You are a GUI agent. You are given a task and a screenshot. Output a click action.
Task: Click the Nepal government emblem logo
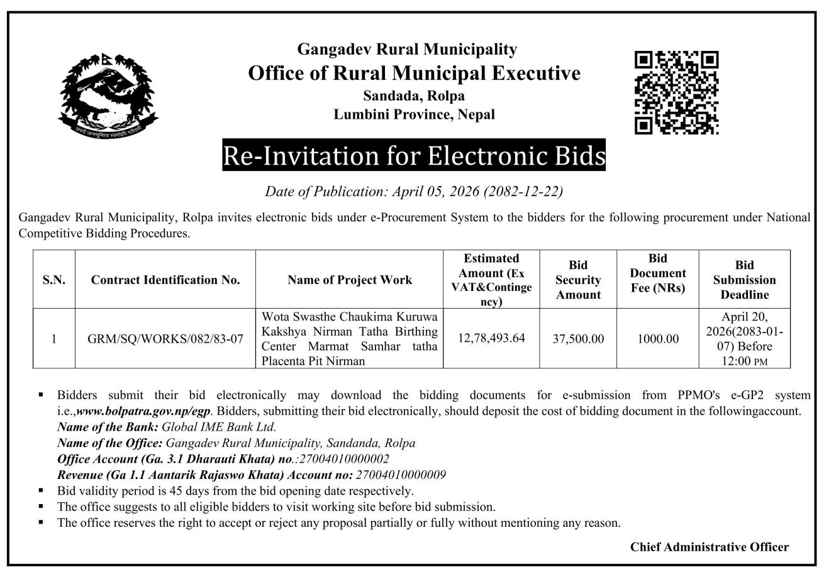click(108, 96)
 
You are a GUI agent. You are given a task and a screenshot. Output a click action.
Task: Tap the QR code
click(676, 92)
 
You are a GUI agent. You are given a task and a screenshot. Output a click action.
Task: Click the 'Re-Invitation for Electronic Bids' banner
click(414, 155)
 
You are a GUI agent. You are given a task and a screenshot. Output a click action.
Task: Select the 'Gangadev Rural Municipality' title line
click(407, 49)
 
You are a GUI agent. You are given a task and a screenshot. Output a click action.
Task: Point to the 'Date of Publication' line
click(414, 191)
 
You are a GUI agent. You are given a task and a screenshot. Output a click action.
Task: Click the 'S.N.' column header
click(54, 280)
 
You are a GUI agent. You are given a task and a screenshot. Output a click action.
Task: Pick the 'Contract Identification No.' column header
click(165, 280)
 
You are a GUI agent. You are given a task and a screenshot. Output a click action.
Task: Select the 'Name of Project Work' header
click(350, 280)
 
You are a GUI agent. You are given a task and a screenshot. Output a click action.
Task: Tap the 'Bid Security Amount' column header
click(578, 280)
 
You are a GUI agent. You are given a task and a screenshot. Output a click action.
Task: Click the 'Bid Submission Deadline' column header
click(744, 280)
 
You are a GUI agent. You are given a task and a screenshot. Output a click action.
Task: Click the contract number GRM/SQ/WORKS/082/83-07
click(165, 339)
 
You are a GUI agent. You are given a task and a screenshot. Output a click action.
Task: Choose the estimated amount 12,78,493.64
click(491, 338)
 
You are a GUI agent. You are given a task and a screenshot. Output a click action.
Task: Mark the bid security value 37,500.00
click(578, 339)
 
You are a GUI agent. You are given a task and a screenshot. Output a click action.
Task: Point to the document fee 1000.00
click(658, 339)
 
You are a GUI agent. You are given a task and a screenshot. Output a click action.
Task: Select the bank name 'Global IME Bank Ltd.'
click(219, 427)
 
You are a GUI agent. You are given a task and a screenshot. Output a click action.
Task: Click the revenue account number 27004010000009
click(401, 475)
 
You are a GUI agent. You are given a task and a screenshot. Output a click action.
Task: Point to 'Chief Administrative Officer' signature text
click(709, 547)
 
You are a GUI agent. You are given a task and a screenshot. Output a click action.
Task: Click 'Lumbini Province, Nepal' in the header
click(414, 114)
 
